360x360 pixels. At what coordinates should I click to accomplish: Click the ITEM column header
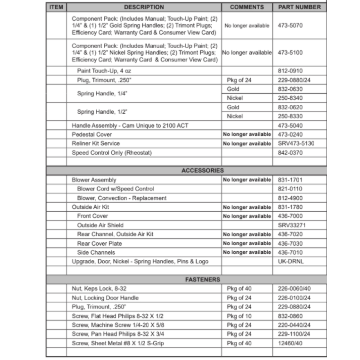click(x=56, y=7)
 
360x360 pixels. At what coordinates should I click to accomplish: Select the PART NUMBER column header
click(x=300, y=7)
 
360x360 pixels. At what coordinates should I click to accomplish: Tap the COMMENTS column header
click(x=247, y=7)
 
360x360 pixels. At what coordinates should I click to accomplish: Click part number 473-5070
click(x=291, y=26)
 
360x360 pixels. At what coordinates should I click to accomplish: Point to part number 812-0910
click(x=291, y=71)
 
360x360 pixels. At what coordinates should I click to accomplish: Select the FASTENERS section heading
click(x=203, y=279)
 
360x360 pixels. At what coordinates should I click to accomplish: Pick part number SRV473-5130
click(x=296, y=143)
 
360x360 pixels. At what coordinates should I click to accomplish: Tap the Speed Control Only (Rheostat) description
click(x=112, y=153)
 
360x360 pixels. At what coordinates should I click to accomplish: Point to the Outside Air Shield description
click(x=100, y=225)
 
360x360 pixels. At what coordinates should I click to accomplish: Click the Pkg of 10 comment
click(x=239, y=316)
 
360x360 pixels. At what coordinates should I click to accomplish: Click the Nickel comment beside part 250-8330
click(x=235, y=116)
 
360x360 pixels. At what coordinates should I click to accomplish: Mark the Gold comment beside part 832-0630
click(x=233, y=89)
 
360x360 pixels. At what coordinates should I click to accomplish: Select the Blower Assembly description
click(x=94, y=180)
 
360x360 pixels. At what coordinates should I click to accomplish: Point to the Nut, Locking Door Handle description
click(x=105, y=298)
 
